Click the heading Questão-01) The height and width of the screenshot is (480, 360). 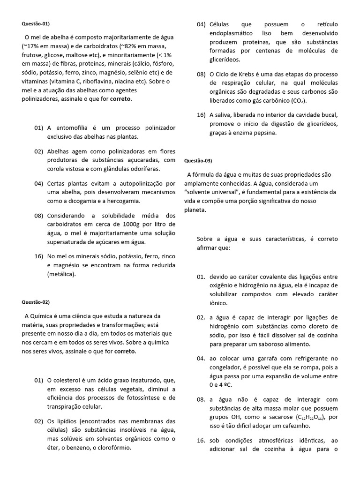point(35,23)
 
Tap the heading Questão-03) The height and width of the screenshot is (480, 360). point(199,161)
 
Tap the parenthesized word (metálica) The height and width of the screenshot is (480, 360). point(61,275)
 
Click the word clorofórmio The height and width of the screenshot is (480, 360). point(112,447)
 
